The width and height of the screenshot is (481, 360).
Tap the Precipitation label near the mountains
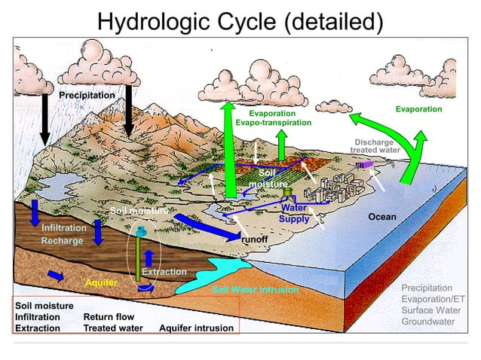[x=87, y=96]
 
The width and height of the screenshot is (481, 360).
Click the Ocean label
[x=381, y=217]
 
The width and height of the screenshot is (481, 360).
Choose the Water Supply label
[x=294, y=213]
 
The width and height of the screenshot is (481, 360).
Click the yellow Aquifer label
[x=101, y=282]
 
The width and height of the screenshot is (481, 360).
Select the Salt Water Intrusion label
[x=255, y=290]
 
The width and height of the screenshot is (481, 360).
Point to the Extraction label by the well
[x=164, y=272]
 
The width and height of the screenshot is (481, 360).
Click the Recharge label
[x=62, y=241]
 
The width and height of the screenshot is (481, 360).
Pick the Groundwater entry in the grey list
[x=428, y=322]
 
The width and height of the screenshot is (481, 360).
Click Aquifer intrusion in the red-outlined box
[x=196, y=328]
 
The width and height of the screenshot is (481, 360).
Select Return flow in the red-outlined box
[x=109, y=317]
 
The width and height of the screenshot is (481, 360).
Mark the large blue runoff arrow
[x=204, y=226]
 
